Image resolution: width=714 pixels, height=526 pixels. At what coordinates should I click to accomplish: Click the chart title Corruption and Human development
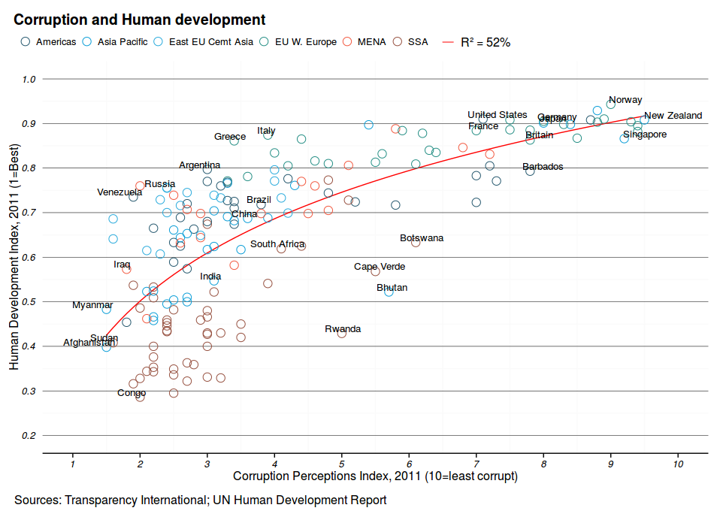click(140, 20)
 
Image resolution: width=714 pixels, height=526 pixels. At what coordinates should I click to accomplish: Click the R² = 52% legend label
click(486, 42)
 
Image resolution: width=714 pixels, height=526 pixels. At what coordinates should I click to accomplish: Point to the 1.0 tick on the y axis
click(29, 79)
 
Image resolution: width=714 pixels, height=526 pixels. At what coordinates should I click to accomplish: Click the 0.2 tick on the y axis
click(29, 436)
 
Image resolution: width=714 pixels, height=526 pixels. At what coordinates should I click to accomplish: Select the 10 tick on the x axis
click(678, 464)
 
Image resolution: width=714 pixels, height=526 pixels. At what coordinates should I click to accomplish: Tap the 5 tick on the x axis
click(342, 464)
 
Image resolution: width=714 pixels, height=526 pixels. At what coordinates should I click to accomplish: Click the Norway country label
click(625, 100)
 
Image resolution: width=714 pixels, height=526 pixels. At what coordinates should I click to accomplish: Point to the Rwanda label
click(343, 329)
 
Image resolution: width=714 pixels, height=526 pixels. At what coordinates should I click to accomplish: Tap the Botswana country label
click(422, 238)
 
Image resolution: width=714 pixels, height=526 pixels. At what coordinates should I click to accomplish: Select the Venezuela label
click(120, 192)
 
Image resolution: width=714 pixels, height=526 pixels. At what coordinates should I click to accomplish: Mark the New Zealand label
click(673, 116)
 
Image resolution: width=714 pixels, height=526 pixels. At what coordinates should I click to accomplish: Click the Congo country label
click(132, 393)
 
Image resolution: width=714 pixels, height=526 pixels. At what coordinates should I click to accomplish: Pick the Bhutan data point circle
click(389, 292)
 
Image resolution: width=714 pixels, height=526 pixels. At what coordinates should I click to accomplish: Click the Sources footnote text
click(200, 500)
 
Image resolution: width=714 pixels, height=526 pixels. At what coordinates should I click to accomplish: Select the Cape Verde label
click(380, 267)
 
